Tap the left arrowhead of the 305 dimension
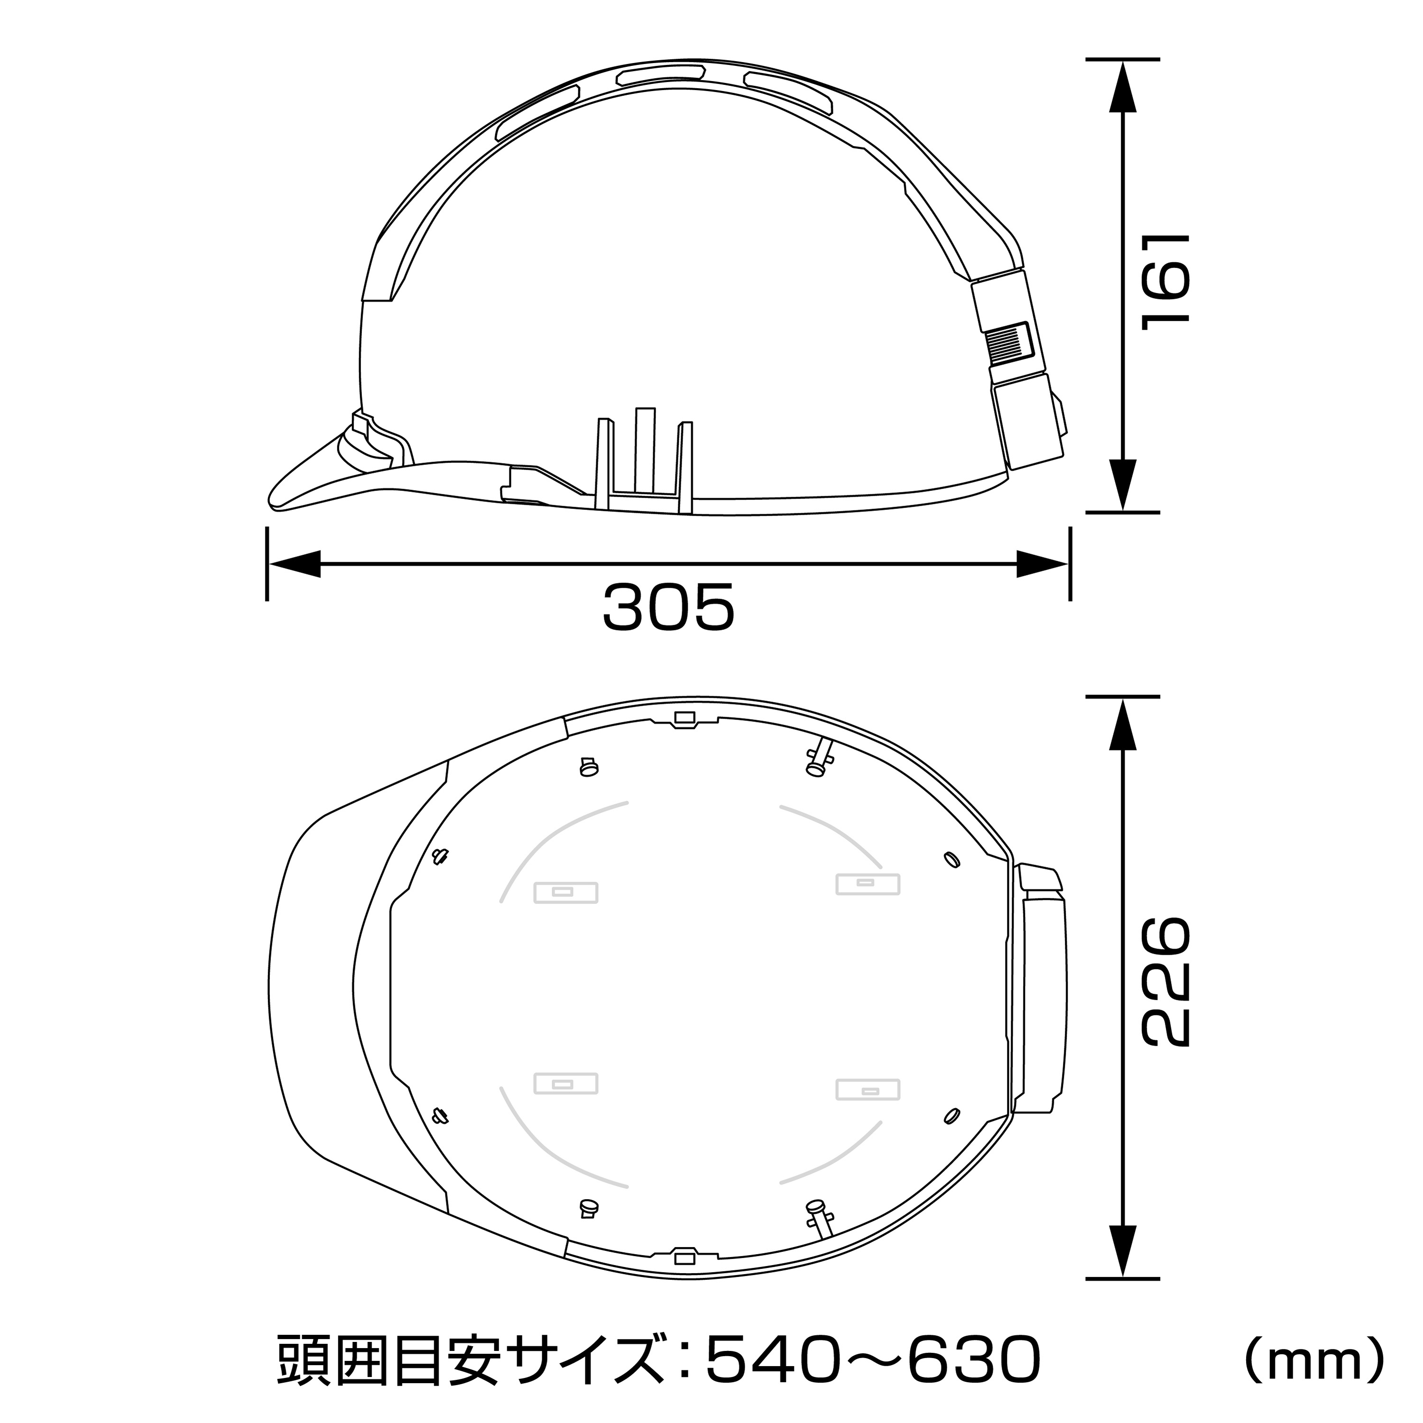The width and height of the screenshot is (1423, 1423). (295, 565)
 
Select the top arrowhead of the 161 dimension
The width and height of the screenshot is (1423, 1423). (1122, 87)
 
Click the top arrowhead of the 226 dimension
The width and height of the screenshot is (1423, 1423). (1122, 726)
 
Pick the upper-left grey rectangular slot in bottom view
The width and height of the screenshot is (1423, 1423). (565, 893)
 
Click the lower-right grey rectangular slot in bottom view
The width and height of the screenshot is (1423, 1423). (869, 1090)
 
